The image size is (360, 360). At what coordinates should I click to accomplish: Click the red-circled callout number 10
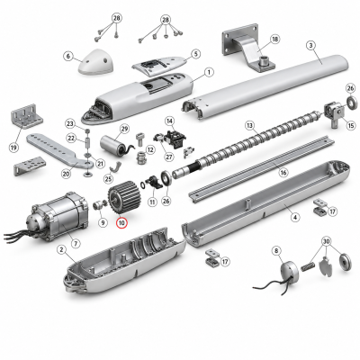pos(121,223)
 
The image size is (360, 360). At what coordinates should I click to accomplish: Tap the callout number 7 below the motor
pos(76,243)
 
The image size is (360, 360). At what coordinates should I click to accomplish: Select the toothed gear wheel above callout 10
pos(121,198)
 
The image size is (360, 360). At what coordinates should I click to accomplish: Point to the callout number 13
pos(249,125)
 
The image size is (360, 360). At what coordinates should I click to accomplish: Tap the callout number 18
pos(274,39)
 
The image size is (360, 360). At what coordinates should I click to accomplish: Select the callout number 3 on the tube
pos(311,46)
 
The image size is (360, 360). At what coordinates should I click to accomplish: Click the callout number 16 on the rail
pos(283,172)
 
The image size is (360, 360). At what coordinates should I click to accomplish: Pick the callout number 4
pos(295,217)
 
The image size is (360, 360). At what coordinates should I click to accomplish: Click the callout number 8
pos(276,251)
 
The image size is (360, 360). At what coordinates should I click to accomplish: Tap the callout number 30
pos(327,241)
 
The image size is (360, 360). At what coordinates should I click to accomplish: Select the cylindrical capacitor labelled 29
pos(112,144)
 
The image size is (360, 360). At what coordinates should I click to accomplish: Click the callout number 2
pos(62,249)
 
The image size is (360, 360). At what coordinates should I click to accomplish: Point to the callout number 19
pos(13,148)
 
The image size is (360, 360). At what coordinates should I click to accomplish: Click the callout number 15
pos(351,125)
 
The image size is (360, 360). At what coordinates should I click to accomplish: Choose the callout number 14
pos(170,121)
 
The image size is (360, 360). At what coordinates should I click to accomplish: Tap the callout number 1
pos(209,72)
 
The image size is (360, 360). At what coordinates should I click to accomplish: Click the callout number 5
pos(195,54)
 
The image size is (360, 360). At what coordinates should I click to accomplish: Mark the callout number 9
pos(103,222)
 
